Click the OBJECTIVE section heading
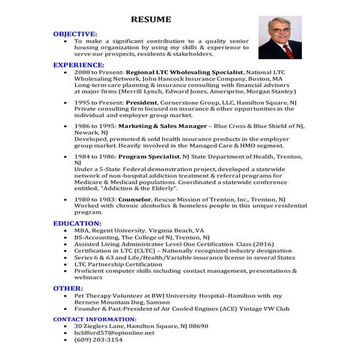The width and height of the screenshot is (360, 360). (x=75, y=33)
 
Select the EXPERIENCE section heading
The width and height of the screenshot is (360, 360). (x=79, y=65)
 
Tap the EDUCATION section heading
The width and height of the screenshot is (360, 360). (x=77, y=223)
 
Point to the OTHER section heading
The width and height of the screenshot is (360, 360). (x=68, y=288)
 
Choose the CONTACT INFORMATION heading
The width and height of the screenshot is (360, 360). (x=95, y=319)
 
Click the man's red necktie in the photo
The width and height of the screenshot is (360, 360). (x=288, y=49)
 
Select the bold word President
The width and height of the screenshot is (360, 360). (x=150, y=103)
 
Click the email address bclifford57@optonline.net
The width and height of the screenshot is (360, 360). (x=114, y=332)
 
